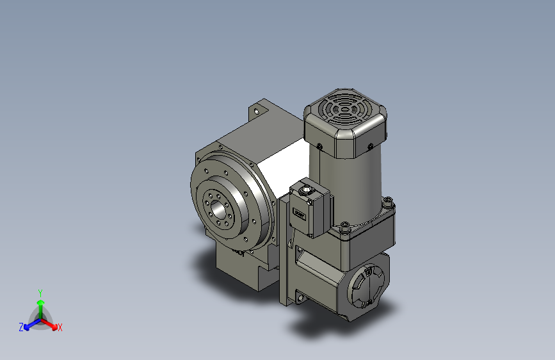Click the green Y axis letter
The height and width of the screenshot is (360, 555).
(40, 291)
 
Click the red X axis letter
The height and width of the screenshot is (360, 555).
(60, 327)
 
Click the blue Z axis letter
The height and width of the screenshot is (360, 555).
(21, 327)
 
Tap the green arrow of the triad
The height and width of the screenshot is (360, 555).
(40, 304)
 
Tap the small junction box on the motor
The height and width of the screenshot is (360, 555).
(311, 208)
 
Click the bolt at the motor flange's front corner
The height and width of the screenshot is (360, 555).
(346, 227)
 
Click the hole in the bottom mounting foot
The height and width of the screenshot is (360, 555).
(298, 296)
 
